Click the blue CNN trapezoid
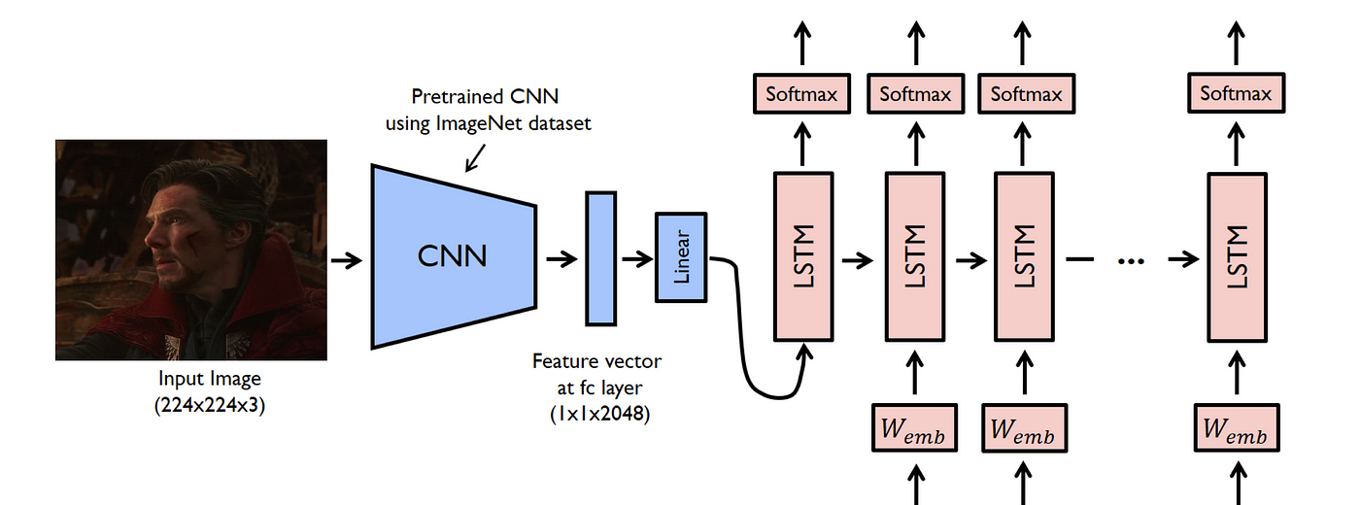453,256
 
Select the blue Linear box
682,256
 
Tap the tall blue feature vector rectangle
600,258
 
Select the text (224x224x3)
210,405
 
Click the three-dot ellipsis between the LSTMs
1132,260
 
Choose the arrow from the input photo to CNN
346,259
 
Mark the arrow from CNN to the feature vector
561,259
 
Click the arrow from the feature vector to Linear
636,259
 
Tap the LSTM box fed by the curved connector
802,256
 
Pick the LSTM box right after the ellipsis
1237,256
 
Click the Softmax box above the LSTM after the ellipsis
1236,94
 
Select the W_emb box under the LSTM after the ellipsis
1235,427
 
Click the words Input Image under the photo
210,380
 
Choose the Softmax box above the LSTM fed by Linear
801,94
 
